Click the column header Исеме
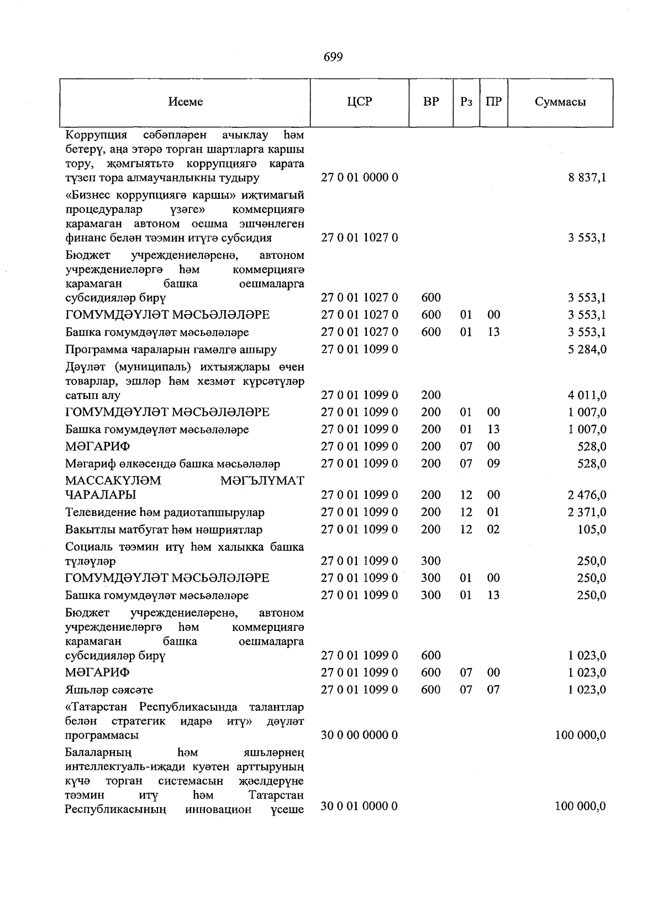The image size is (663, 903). tap(186, 102)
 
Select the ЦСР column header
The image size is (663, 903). tap(360, 102)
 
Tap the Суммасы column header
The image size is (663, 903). tap(560, 102)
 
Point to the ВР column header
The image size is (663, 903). tap(431, 102)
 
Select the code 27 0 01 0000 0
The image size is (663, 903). tap(360, 178)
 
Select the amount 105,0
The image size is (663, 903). tap(592, 529)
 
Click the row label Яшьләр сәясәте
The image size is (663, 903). tap(109, 690)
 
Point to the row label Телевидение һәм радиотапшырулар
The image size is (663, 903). tap(165, 513)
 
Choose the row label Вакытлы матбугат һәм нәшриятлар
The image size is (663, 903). tap(164, 530)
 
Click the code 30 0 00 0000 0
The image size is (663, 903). tap(360, 735)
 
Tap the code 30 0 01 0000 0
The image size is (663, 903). tap(360, 807)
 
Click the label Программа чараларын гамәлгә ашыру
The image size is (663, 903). tap(171, 349)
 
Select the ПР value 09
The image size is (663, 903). tap(493, 463)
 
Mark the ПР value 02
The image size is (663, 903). tap(493, 529)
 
